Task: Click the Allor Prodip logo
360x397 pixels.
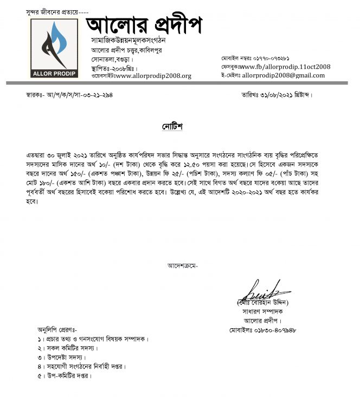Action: (54, 48)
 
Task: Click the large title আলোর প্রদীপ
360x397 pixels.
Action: (144, 24)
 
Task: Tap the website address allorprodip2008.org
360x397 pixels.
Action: (153, 76)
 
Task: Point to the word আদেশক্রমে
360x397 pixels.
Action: (183, 265)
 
